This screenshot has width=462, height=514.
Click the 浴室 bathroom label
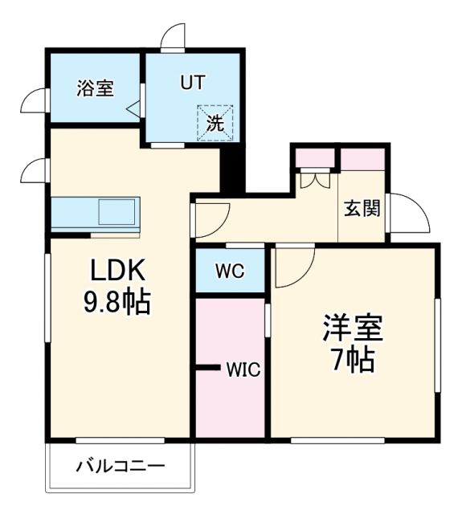coord(95,88)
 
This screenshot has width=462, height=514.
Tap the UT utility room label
coord(192,82)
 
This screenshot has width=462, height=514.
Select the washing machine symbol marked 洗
coord(215,124)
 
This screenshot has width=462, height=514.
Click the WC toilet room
coord(229,271)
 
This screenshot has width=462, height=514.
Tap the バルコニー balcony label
coord(121,466)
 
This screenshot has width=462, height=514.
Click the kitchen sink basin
coord(118,213)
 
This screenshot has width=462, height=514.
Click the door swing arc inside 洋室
coord(292,267)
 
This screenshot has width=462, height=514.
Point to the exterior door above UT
coord(173,38)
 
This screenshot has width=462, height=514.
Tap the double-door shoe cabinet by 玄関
coord(314,179)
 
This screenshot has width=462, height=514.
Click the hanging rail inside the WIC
coord(209,369)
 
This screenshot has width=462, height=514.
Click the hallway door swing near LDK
coord(211,217)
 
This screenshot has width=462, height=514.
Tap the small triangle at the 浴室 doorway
coord(133,108)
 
